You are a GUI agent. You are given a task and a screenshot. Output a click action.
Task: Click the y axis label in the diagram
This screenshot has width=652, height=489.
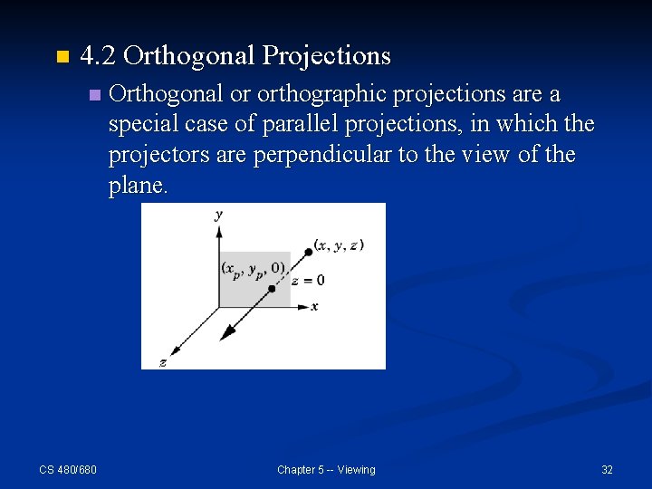pyautogui.click(x=219, y=215)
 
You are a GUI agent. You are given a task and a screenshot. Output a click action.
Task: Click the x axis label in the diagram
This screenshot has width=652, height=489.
pyautogui.click(x=314, y=307)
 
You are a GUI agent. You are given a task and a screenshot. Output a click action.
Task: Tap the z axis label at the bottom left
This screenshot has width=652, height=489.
pyautogui.click(x=162, y=362)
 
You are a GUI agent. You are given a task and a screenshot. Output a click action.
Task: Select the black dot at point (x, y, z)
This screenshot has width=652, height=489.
pyautogui.click(x=308, y=252)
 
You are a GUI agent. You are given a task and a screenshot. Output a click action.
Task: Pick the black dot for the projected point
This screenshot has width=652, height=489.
pyautogui.click(x=272, y=287)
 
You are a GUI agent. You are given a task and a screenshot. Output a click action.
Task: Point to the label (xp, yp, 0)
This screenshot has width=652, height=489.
pyautogui.click(x=254, y=269)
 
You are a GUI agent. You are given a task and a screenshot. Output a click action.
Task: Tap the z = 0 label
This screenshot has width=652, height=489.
pyautogui.click(x=308, y=280)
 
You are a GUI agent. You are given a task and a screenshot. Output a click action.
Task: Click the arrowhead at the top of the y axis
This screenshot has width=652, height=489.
pyautogui.click(x=219, y=232)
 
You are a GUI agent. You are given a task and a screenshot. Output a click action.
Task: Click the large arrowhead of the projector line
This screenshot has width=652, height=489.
pyautogui.click(x=228, y=332)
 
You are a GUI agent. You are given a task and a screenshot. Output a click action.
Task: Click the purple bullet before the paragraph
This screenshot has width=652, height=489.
pyautogui.click(x=94, y=95)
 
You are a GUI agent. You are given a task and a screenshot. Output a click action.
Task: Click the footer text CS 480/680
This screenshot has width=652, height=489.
pyautogui.click(x=68, y=469)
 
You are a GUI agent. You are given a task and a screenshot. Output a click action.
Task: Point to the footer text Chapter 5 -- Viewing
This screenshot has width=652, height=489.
pyautogui.click(x=326, y=469)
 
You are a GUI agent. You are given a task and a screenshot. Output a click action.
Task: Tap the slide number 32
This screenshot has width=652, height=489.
pyautogui.click(x=607, y=469)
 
